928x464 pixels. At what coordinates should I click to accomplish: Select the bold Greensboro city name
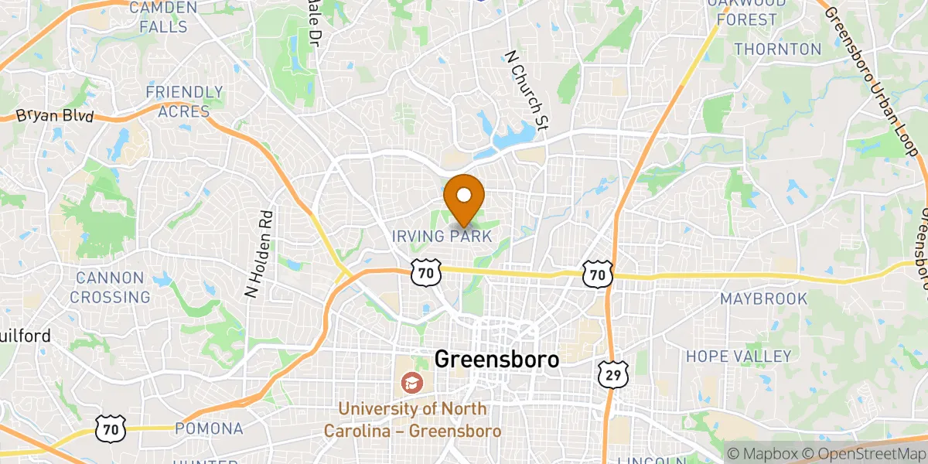pos(496,360)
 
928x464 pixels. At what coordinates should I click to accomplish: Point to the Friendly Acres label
pos(184,102)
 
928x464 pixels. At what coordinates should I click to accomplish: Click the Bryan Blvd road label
pos(55,117)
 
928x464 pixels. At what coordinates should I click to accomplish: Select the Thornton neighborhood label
pos(777,49)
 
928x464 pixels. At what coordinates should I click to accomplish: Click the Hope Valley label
pos(739,357)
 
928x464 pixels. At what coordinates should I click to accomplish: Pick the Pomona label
pos(209,428)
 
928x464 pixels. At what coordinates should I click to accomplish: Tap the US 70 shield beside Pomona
pos(110,428)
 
